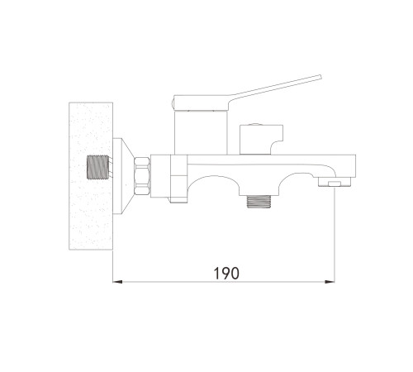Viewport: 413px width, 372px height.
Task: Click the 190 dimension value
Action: [x=226, y=273]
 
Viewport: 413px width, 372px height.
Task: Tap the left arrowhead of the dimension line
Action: [x=117, y=282]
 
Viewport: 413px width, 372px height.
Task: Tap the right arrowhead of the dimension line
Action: [x=330, y=282]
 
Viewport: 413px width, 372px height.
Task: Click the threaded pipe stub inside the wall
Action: [x=97, y=168]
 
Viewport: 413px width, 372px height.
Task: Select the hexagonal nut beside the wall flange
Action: [x=142, y=176]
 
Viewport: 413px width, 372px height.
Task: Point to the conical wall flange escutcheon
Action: [x=122, y=176]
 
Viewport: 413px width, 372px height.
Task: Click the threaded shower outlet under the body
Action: [x=259, y=201]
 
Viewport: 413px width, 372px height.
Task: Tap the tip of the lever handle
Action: [x=320, y=77]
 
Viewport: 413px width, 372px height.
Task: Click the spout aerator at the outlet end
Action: [x=335, y=182]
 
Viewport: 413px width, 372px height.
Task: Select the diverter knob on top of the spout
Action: [x=261, y=140]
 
